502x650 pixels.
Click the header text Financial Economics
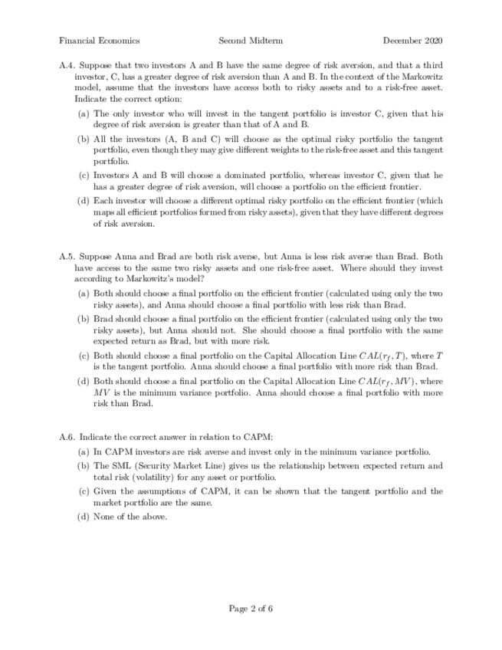(99, 41)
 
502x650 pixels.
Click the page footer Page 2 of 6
(251, 609)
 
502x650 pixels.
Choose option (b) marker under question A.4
(84, 139)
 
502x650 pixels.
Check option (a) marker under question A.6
(84, 451)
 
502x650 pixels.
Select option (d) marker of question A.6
(84, 516)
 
